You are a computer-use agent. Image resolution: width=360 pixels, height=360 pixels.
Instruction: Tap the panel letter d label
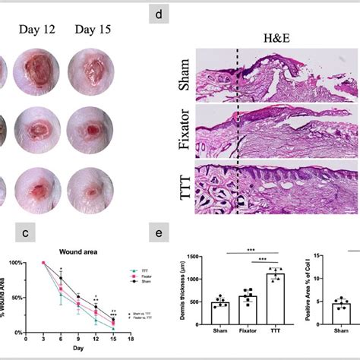point(158,15)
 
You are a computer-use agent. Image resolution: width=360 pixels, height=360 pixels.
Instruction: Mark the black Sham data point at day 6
point(60,278)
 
